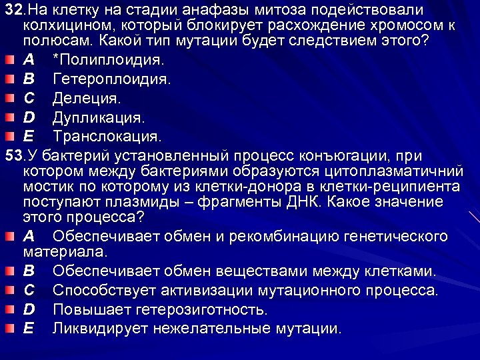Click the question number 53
click(11, 156)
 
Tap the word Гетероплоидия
click(111, 79)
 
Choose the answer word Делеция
click(86, 99)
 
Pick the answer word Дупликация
click(98, 117)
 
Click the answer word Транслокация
click(107, 137)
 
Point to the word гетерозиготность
click(202, 309)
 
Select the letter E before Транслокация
click(28, 137)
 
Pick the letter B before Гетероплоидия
click(28, 79)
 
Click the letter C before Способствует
click(28, 291)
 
